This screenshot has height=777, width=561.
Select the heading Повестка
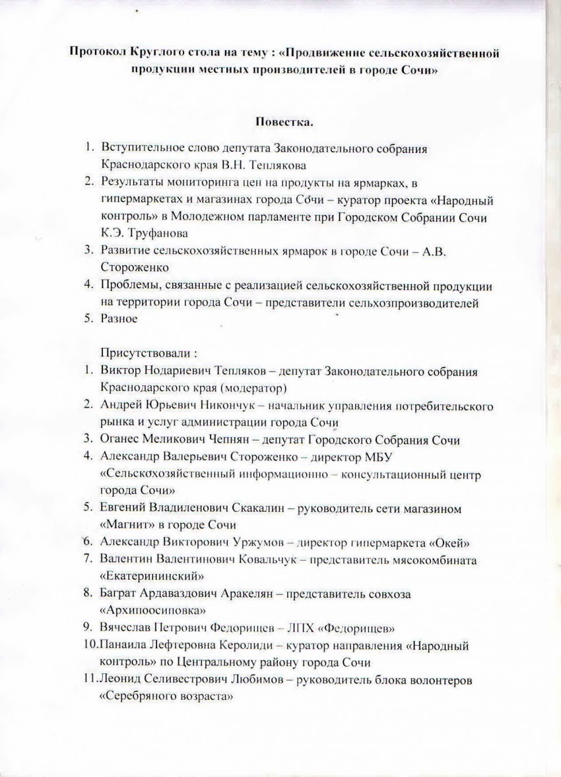pyautogui.click(x=280, y=122)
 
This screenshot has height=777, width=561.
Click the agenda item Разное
pyautogui.click(x=119, y=319)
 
